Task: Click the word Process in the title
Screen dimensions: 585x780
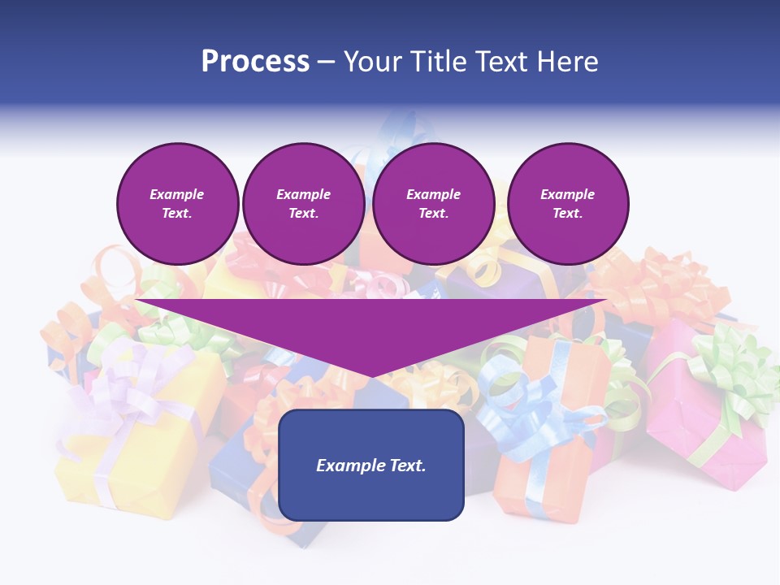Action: pos(255,62)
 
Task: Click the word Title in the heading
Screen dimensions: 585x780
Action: pos(440,62)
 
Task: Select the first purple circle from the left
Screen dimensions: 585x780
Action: pos(177,204)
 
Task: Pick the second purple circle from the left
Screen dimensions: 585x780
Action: pos(303,204)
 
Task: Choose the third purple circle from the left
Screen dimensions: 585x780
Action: pos(433,204)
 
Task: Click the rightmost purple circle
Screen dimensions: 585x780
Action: pos(567,204)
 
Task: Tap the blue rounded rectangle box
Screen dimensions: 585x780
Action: pos(371,496)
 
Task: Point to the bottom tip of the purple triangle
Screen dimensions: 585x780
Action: pos(371,376)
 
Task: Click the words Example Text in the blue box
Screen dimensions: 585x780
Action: pos(371,466)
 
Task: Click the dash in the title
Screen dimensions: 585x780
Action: pos(327,62)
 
